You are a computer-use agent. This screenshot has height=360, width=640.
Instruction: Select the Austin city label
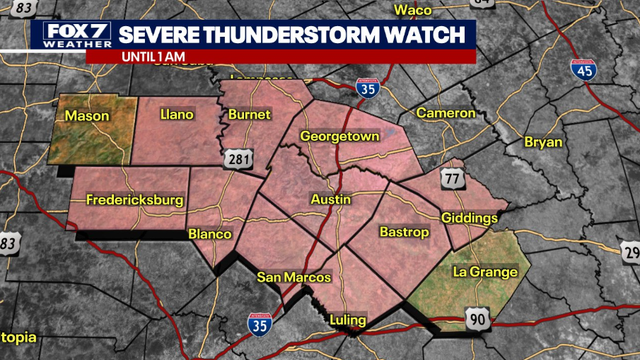[331, 200]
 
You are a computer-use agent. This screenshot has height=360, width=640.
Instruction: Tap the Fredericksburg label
[135, 200]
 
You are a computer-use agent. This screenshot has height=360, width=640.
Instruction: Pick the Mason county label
[87, 117]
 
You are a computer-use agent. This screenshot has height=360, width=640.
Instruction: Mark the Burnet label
[249, 116]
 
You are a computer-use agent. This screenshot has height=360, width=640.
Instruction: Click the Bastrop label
[404, 232]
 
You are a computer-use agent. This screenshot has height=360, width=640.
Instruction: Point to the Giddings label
[469, 218]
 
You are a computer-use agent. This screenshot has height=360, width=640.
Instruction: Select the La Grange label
[485, 272]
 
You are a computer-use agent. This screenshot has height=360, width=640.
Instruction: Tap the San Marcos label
[288, 277]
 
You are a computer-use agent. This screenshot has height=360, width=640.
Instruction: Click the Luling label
[348, 320]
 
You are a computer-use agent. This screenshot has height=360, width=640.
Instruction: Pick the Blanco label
[210, 234]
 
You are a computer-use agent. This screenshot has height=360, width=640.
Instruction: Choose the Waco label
[411, 10]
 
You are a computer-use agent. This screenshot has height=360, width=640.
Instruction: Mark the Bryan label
[543, 143]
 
